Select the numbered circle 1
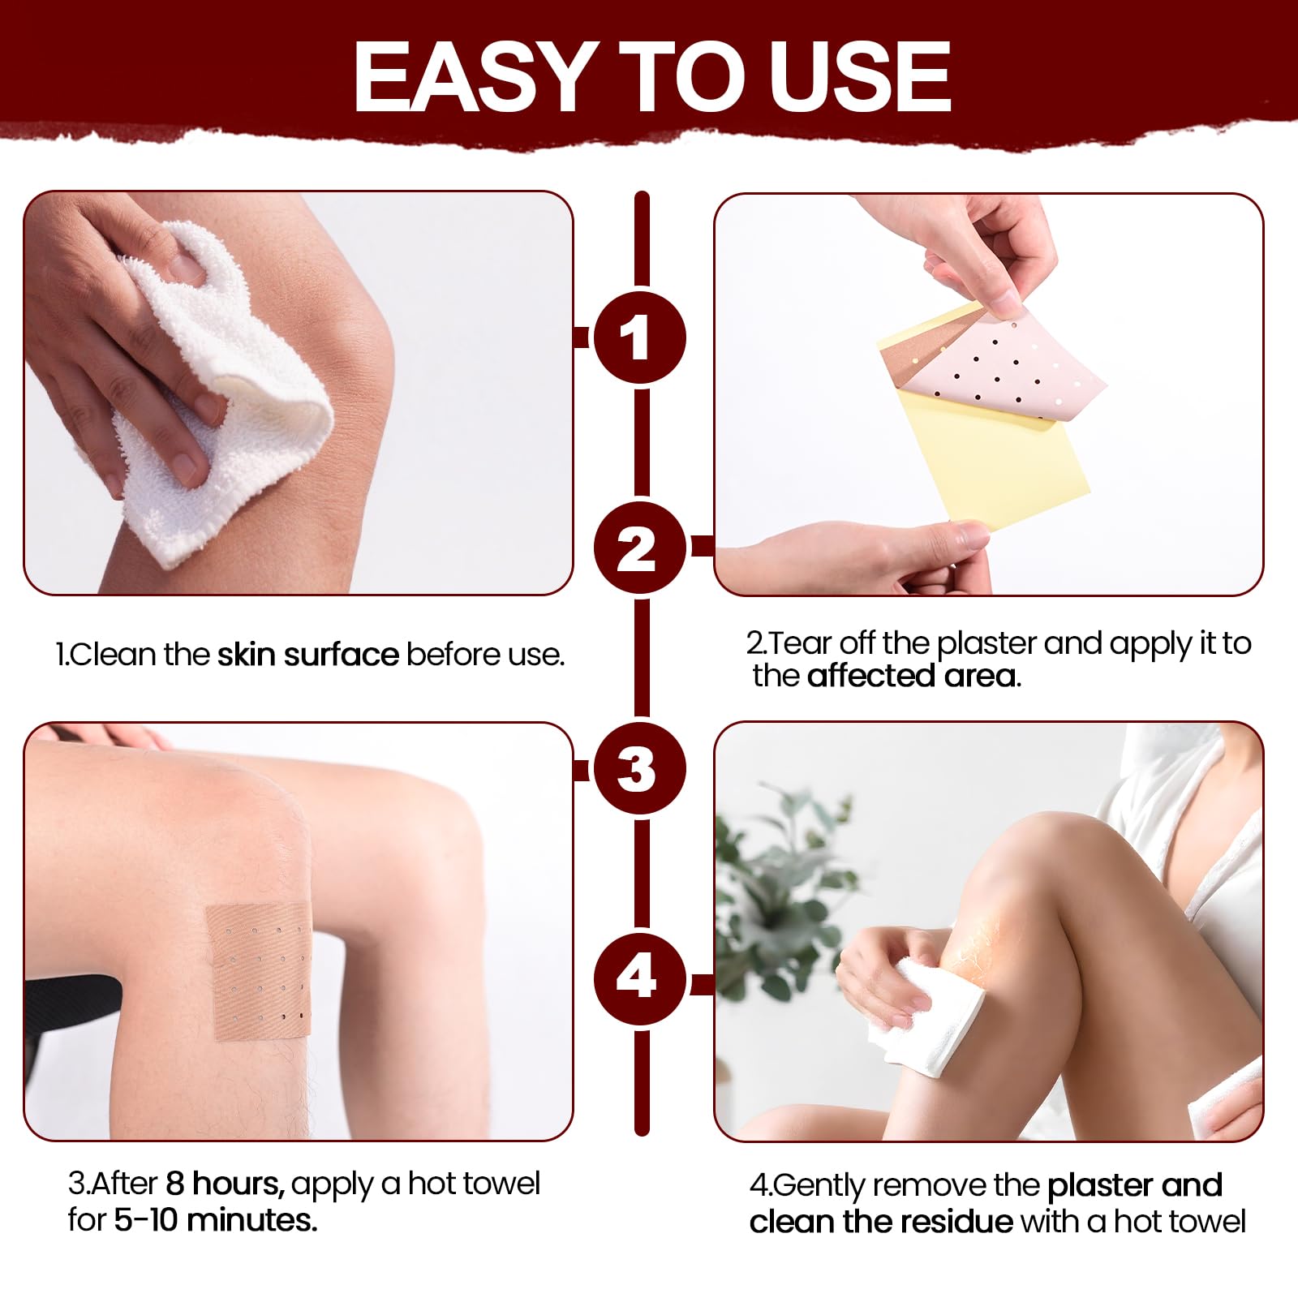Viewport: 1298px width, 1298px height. click(x=640, y=337)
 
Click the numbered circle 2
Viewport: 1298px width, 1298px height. click(x=640, y=548)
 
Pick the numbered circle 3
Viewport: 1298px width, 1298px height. click(x=640, y=767)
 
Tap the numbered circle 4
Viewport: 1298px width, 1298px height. click(x=640, y=978)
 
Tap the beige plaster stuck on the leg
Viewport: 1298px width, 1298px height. click(x=259, y=972)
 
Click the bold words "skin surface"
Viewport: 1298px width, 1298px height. click(x=308, y=655)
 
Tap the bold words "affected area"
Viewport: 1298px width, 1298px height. click(x=912, y=676)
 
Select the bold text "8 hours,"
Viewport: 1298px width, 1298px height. click(x=226, y=1184)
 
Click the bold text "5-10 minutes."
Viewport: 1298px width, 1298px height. click(x=216, y=1220)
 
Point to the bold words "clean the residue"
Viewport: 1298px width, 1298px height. click(x=882, y=1221)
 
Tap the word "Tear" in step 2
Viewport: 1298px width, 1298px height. click(x=800, y=643)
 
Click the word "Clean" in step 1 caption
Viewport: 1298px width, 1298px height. click(x=114, y=655)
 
